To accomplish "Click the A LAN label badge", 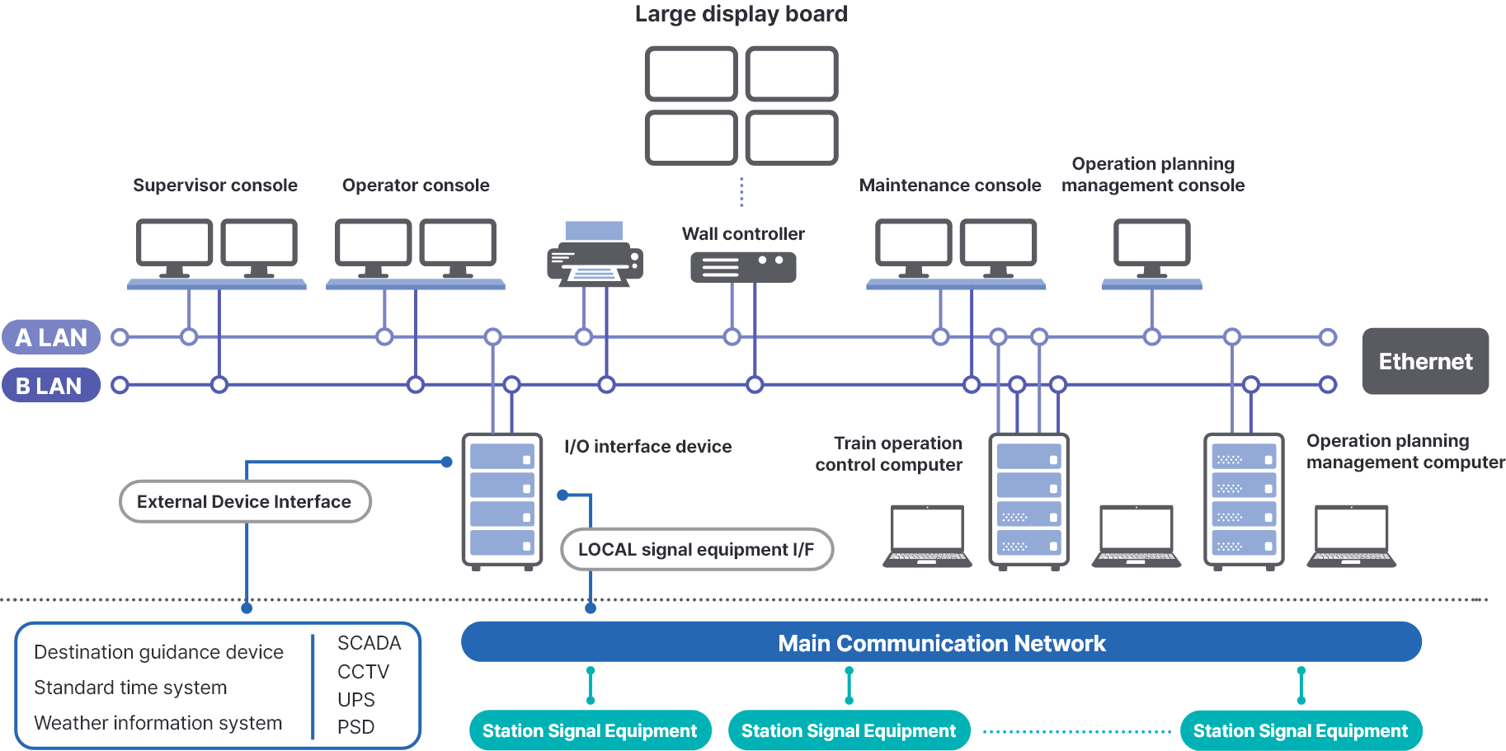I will [51, 337].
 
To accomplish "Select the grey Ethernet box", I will [1424, 361].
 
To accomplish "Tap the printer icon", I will [595, 255].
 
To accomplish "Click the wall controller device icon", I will [742, 267].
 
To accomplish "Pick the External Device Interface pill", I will [245, 501].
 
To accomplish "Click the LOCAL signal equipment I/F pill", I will [696, 549].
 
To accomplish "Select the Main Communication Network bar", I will [941, 642].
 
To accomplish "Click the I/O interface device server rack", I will [501, 500].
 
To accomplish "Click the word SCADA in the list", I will [369, 643].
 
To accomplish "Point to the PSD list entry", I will [355, 727].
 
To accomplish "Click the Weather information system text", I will [158, 723].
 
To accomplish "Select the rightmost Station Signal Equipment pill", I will [1300, 730].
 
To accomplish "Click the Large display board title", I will [741, 14].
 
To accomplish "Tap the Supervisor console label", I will [215, 185].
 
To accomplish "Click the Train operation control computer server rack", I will [1028, 500].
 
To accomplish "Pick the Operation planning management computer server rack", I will [1244, 500].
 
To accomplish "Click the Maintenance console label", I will [949, 185].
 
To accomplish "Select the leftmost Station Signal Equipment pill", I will [590, 730].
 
